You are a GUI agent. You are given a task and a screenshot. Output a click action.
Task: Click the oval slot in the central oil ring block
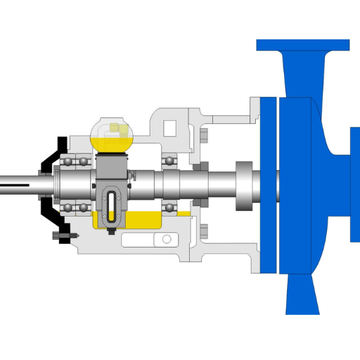[110, 203]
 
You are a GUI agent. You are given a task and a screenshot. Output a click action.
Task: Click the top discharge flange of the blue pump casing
[302, 46]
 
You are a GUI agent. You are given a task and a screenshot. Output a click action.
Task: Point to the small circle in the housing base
[167, 239]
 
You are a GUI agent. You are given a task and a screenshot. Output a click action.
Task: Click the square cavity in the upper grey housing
[169, 127]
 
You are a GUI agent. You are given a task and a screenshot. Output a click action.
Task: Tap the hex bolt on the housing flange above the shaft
[204, 136]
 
